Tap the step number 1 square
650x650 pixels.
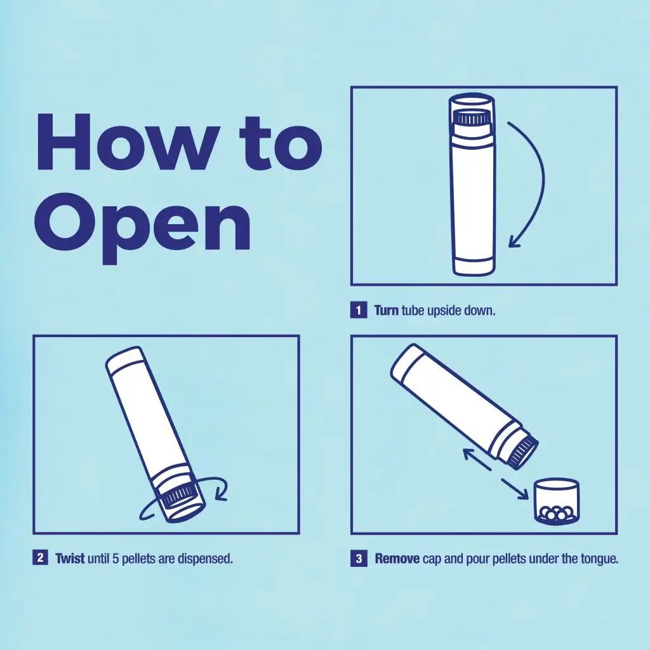click(x=359, y=310)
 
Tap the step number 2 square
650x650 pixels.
click(x=40, y=559)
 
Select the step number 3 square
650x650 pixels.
click(x=359, y=559)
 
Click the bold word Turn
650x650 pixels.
click(x=386, y=311)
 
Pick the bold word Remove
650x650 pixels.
click(x=397, y=559)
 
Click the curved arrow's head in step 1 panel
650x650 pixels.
click(x=514, y=241)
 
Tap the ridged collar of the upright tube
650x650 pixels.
click(x=471, y=118)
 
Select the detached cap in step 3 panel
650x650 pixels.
click(x=557, y=501)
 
